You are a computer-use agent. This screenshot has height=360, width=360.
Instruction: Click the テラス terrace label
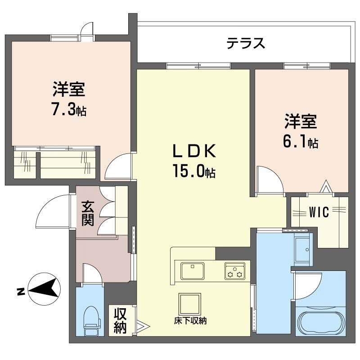point(245,44)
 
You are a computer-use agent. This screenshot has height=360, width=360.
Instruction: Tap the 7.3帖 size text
point(68,110)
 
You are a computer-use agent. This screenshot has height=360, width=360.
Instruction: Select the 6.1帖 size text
point(301,142)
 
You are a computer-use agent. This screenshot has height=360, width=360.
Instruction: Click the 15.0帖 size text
point(193,171)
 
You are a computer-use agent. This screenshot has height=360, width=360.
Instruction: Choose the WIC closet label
point(319,212)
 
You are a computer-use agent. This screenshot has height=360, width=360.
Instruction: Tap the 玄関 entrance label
point(88,213)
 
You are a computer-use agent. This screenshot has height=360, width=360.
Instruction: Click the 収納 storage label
point(120,320)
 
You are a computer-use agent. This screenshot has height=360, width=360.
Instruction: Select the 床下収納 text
point(190,321)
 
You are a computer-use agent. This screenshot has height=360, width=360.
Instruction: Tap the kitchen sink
point(193,271)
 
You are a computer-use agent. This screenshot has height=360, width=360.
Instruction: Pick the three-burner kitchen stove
point(234,271)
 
